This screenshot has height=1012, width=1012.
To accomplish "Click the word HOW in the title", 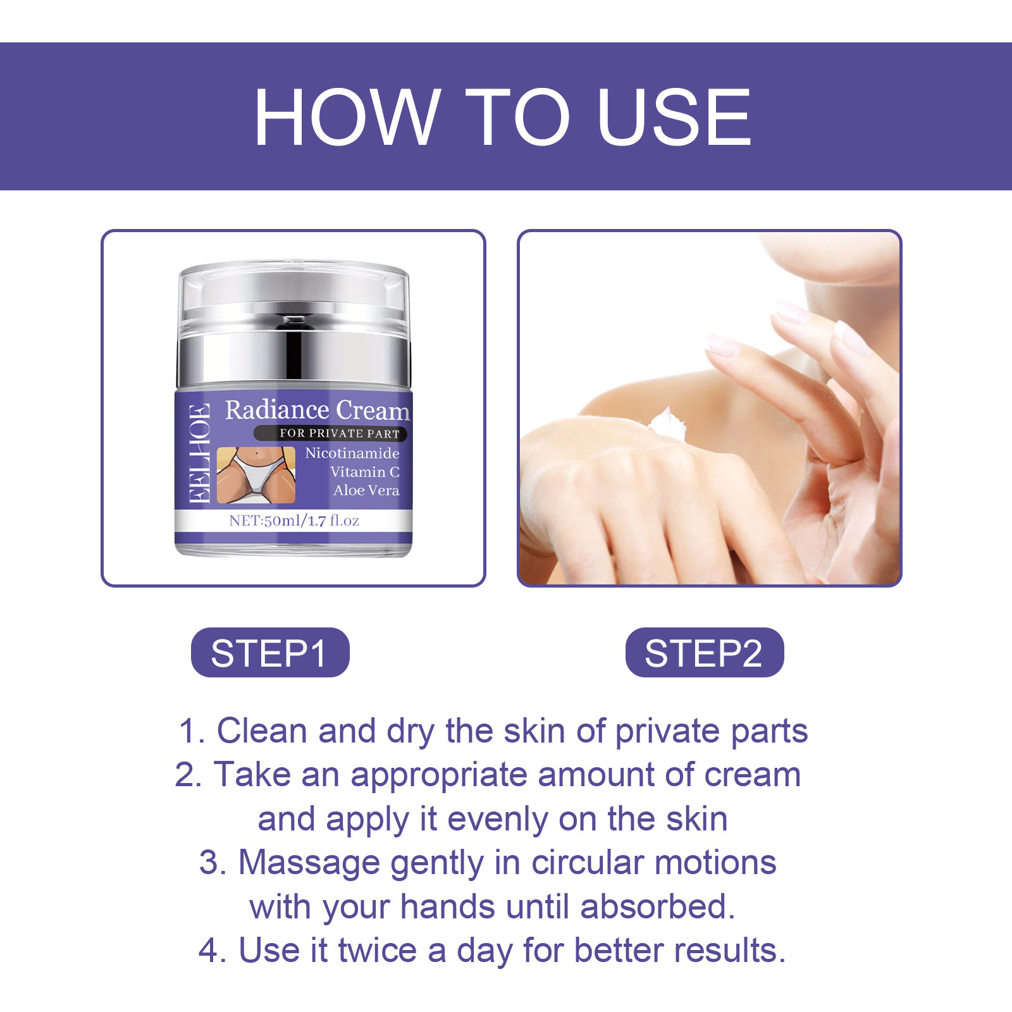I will (x=347, y=118).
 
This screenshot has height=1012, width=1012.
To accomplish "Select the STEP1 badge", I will (x=270, y=653).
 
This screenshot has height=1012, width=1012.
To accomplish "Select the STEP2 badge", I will (x=704, y=653).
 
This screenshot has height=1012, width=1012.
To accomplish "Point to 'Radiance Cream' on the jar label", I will (x=318, y=410).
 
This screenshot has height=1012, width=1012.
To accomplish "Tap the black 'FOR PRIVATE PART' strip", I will (x=331, y=433).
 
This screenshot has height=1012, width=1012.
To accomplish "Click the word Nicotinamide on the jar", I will (x=352, y=453).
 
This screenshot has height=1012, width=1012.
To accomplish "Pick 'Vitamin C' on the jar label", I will (x=364, y=472).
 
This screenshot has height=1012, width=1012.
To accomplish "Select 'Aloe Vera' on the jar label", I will (x=366, y=490).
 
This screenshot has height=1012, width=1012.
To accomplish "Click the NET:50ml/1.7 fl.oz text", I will (x=294, y=521).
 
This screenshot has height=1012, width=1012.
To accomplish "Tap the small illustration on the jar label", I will (x=256, y=474).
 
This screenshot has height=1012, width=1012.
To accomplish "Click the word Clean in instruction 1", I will (x=262, y=731).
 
